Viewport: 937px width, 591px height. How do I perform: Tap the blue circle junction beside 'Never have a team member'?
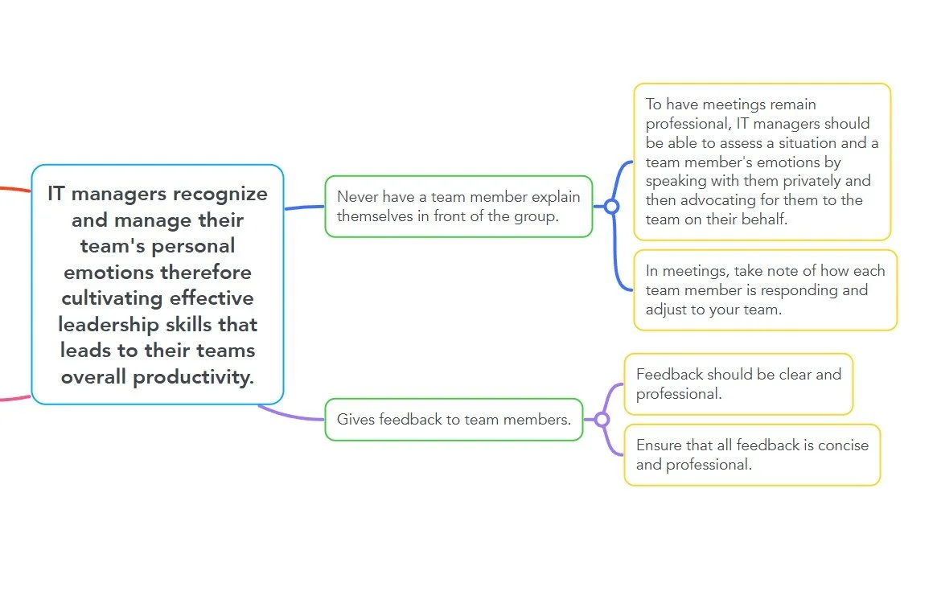click(611, 207)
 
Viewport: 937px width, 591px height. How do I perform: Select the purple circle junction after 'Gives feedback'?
click(602, 419)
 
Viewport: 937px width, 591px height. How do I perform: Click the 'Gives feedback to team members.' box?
click(454, 419)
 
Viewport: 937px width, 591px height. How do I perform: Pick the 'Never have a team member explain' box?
click(458, 207)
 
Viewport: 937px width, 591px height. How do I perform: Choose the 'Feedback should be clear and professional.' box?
click(738, 384)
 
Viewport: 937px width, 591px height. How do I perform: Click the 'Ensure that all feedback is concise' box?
click(752, 454)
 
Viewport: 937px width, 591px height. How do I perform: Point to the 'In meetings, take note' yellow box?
click(764, 289)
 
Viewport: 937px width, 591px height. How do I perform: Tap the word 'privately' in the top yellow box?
click(814, 181)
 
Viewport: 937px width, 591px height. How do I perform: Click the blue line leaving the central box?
click(304, 207)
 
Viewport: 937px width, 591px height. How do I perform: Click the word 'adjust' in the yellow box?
click(668, 309)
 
